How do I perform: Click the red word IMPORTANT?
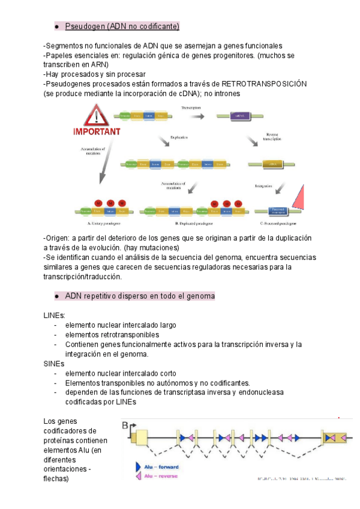pyautogui.click(x=97, y=131)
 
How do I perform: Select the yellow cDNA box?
pyautogui.click(x=272, y=163)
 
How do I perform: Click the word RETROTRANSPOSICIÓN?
pyautogui.click(x=265, y=84)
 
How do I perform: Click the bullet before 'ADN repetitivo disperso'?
pyautogui.click(x=55, y=297)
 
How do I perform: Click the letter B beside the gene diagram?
pyautogui.click(x=125, y=427)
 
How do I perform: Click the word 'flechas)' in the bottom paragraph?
pyautogui.click(x=56, y=479)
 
